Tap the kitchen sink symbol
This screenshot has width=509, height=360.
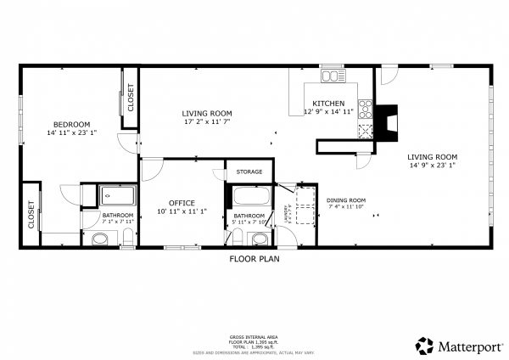point(330,76)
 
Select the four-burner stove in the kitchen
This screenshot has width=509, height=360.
point(366,108)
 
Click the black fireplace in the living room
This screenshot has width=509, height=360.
point(389,122)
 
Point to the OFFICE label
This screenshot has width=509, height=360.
point(182,202)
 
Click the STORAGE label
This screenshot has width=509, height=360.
point(249,172)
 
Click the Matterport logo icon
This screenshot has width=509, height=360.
point(425,346)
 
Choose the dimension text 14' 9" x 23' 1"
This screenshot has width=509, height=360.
point(432,166)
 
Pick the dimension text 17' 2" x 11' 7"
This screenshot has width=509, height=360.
point(206,121)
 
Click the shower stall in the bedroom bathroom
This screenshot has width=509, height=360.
point(117,196)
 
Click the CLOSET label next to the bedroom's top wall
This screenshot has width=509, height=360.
point(131,98)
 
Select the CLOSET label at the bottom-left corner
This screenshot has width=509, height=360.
point(31,215)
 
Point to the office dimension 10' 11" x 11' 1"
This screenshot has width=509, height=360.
point(182,211)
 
